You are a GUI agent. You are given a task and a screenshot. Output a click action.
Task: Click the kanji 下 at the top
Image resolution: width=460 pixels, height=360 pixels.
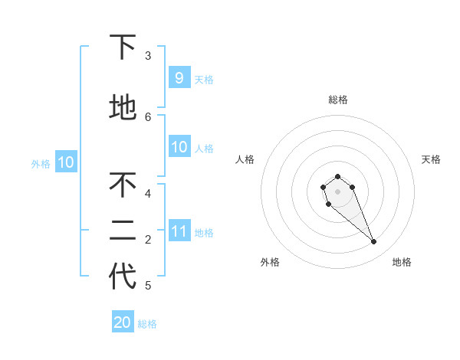(x=123, y=47)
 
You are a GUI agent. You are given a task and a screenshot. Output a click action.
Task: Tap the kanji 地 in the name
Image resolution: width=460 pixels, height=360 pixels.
(x=123, y=108)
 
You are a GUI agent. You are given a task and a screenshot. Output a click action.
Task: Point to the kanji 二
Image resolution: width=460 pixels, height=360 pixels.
(x=123, y=231)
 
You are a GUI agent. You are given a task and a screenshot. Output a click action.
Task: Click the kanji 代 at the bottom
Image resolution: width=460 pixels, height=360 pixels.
(x=123, y=277)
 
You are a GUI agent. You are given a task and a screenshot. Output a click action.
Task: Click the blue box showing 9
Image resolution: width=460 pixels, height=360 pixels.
(x=179, y=77)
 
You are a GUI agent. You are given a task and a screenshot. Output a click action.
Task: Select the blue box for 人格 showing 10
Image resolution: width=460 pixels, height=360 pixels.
(x=179, y=147)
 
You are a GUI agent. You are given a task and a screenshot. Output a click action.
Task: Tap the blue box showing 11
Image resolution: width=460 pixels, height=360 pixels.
(x=179, y=231)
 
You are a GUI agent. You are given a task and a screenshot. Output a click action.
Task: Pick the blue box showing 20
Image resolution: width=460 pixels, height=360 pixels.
(x=123, y=322)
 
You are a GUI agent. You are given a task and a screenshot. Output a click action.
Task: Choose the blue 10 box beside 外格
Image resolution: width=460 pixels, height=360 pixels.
(x=65, y=162)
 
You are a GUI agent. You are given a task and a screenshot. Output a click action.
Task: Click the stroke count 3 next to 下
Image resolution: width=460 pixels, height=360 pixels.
(x=148, y=56)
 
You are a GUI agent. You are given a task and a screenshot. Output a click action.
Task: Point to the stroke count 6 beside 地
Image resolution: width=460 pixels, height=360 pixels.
(x=148, y=116)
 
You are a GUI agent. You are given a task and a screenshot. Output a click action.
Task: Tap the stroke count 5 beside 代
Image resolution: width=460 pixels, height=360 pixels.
(x=148, y=286)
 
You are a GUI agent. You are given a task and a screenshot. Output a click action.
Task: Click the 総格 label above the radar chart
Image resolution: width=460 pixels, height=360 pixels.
(x=337, y=100)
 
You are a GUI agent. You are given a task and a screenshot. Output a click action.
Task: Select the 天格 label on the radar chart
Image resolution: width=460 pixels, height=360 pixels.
(x=431, y=159)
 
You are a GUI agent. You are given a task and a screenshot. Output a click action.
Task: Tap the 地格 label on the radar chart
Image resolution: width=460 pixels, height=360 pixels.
(x=402, y=262)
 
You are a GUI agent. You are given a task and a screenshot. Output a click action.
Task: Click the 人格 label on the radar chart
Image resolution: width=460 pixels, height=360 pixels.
(x=245, y=159)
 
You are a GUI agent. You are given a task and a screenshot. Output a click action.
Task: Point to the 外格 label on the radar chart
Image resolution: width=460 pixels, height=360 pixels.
(x=270, y=262)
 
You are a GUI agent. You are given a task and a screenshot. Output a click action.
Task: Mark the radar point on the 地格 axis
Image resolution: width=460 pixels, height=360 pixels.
(x=374, y=242)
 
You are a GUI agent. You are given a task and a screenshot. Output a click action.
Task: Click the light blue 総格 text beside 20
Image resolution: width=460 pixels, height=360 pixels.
(x=147, y=324)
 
